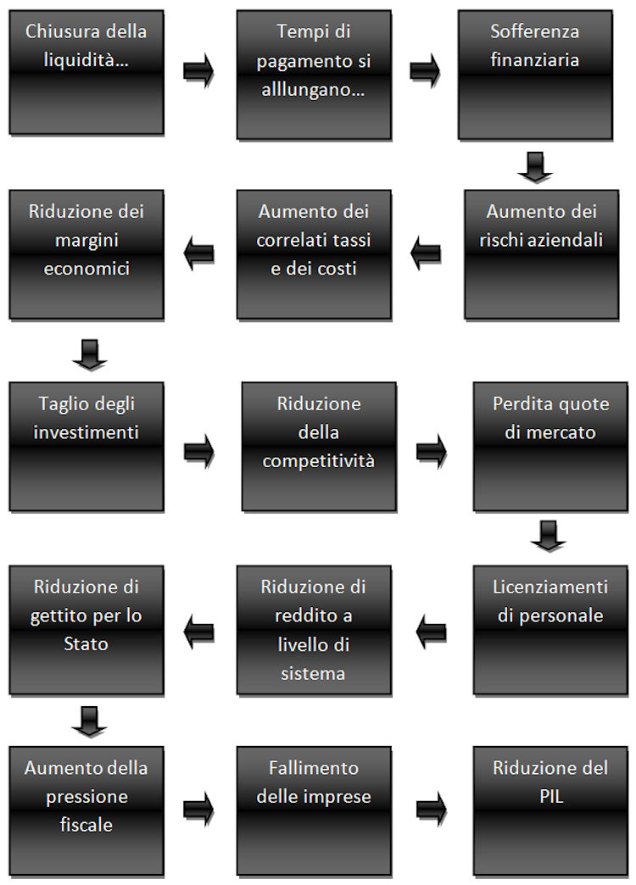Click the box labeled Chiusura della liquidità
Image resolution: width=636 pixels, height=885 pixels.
(x=86, y=72)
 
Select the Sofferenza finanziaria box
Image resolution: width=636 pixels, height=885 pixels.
(x=535, y=75)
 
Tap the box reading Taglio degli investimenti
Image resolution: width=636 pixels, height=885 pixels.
(x=86, y=447)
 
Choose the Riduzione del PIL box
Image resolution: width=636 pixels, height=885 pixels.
(x=550, y=811)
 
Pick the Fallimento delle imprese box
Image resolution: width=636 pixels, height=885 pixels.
(x=314, y=811)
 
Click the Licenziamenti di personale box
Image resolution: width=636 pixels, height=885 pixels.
(x=550, y=630)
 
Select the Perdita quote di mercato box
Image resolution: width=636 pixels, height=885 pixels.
(x=550, y=447)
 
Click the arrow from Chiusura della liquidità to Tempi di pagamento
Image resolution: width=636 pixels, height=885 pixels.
(x=198, y=71)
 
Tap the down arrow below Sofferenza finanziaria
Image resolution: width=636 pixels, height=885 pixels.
(x=535, y=167)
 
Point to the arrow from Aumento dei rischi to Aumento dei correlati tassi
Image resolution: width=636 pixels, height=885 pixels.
(x=426, y=253)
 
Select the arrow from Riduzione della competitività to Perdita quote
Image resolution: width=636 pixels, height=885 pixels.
(x=432, y=451)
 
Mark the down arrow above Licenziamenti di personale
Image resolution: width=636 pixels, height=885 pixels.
(x=549, y=537)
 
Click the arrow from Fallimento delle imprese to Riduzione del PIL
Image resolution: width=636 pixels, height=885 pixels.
(x=432, y=810)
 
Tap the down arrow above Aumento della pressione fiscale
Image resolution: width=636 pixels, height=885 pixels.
(x=90, y=721)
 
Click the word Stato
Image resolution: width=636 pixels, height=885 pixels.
(x=86, y=644)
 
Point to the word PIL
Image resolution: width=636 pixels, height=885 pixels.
(x=551, y=796)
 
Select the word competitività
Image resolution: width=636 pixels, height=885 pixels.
(x=319, y=461)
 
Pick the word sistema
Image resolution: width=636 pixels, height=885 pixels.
(x=313, y=673)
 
